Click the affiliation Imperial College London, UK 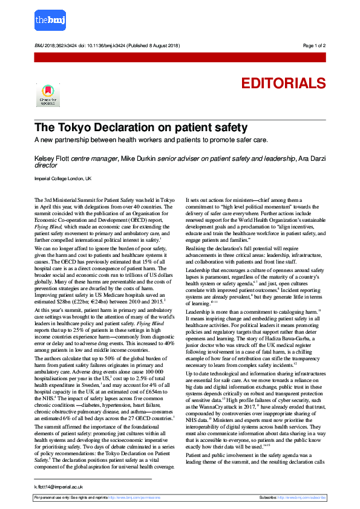point(63,179)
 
